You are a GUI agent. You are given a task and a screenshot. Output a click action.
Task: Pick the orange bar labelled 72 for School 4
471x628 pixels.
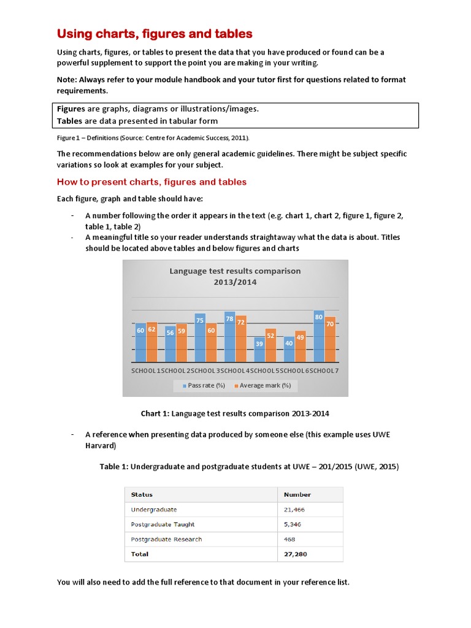(x=241, y=339)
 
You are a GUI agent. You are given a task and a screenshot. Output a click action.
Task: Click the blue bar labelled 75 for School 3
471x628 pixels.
(x=200, y=337)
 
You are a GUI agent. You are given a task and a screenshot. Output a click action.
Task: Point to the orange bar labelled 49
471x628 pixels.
(x=300, y=348)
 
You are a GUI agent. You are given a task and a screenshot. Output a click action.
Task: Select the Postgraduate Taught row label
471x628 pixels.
(x=163, y=524)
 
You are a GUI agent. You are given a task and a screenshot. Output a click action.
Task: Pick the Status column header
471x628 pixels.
(x=142, y=494)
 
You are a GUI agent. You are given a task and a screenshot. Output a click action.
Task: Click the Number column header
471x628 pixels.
(x=297, y=494)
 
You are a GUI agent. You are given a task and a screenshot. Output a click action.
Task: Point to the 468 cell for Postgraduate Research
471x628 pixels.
(x=289, y=539)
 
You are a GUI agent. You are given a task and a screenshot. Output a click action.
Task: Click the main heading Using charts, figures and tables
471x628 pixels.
(x=155, y=34)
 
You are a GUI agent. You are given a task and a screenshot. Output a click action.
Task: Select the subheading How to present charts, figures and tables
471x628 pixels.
(x=151, y=182)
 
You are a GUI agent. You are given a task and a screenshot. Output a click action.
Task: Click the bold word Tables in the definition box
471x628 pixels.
(x=69, y=121)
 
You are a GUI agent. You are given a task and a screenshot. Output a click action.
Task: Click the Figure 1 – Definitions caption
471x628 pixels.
(x=153, y=138)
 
